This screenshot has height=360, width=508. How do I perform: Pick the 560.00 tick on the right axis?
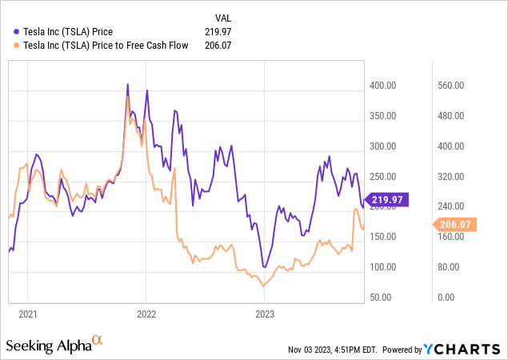pos(450,86)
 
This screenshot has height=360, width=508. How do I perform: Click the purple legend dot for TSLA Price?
pos(18,31)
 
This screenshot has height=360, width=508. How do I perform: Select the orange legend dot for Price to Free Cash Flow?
pos(18,46)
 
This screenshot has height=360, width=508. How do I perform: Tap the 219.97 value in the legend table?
pos(225,31)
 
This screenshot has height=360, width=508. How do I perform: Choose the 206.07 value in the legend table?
pos(225,46)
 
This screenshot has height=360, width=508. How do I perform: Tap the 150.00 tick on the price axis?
pos(382,237)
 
